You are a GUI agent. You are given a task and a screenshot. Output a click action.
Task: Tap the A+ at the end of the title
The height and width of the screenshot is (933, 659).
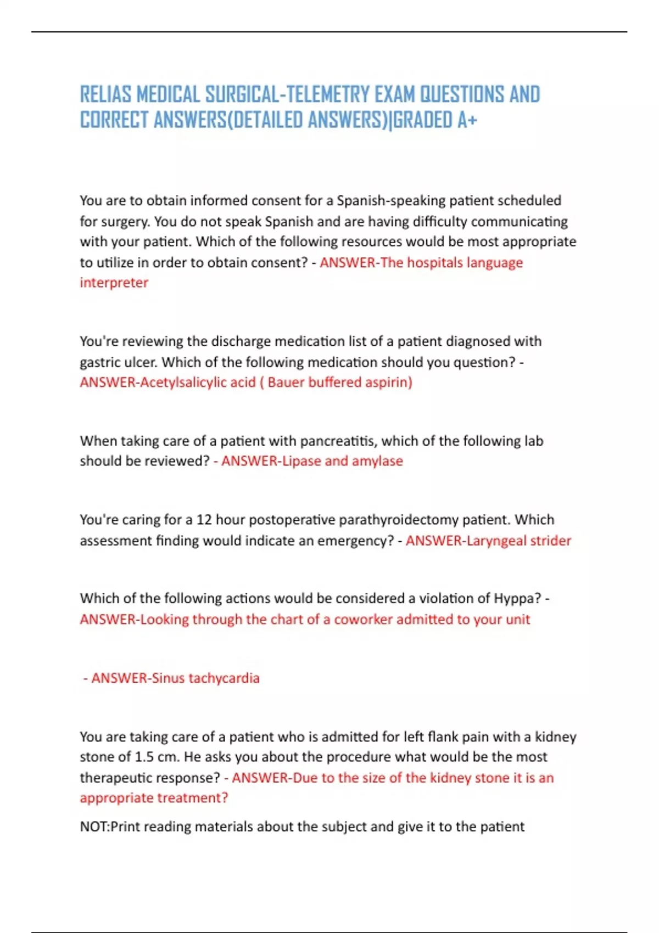pos(467,120)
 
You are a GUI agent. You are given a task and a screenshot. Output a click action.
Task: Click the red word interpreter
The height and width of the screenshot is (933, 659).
pos(114,283)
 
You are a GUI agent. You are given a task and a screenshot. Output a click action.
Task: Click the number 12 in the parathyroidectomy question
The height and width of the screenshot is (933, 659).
pos(204,520)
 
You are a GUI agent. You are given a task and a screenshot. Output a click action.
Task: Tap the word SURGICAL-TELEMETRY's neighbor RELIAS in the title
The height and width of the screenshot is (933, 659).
pos(105,94)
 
